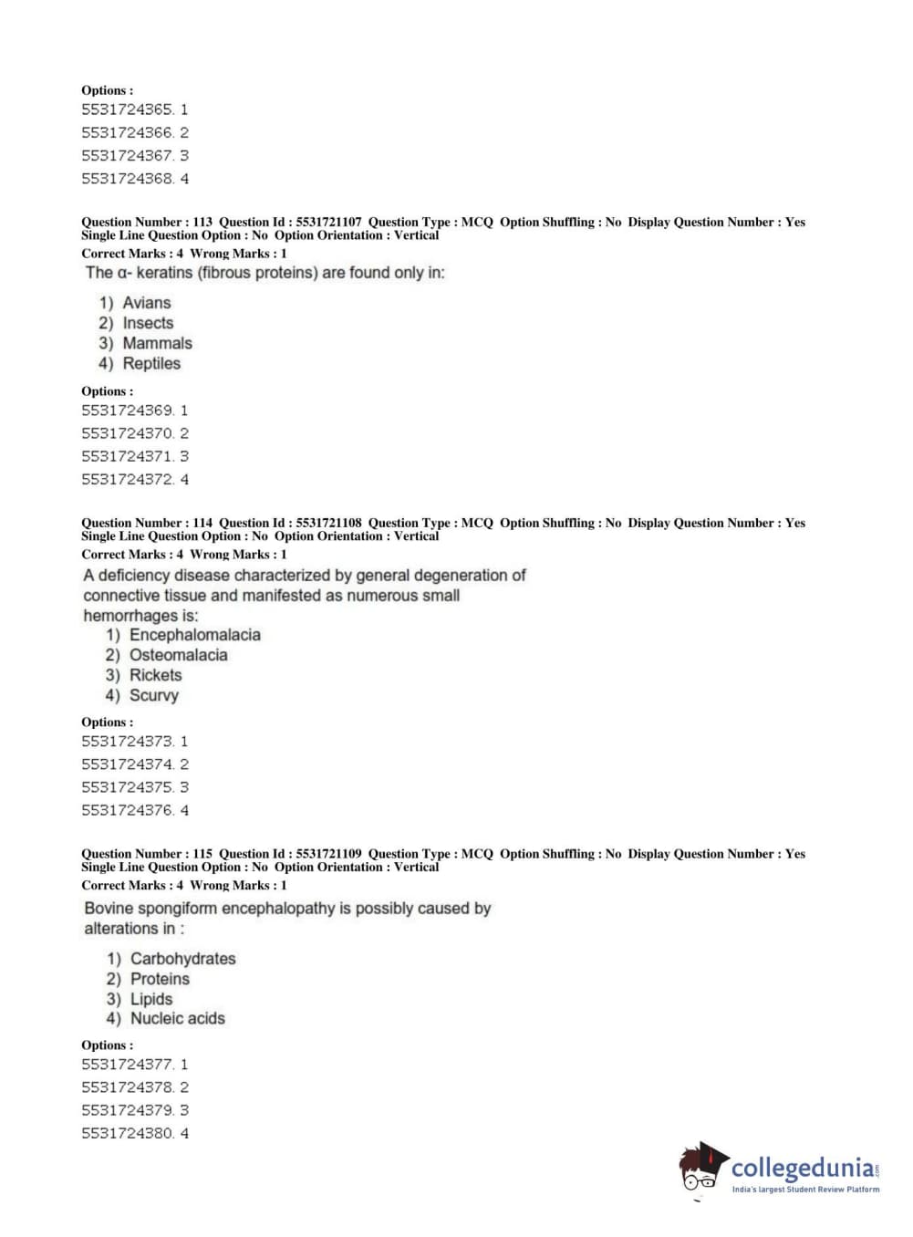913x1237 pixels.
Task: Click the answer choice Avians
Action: (146, 303)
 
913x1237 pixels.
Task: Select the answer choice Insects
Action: (148, 323)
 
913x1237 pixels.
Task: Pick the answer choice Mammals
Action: (157, 343)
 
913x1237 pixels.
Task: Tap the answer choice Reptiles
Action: (151, 363)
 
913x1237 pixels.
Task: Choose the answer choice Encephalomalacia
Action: (194, 635)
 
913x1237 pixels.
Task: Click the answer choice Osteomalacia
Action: (178, 655)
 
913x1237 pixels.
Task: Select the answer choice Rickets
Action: (155, 675)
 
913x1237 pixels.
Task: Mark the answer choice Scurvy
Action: (153, 695)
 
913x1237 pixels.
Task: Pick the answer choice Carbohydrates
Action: (182, 959)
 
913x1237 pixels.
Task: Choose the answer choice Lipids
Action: (150, 999)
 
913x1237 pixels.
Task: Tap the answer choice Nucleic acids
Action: (177, 1019)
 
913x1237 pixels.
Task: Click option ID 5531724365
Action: (127, 109)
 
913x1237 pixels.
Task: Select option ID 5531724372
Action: (127, 480)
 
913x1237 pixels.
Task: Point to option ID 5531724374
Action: (127, 764)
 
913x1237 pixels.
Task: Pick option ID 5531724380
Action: (127, 1133)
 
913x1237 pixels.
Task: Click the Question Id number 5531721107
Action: (328, 222)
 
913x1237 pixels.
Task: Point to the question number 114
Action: (202, 523)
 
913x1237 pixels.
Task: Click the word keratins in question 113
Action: (164, 273)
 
